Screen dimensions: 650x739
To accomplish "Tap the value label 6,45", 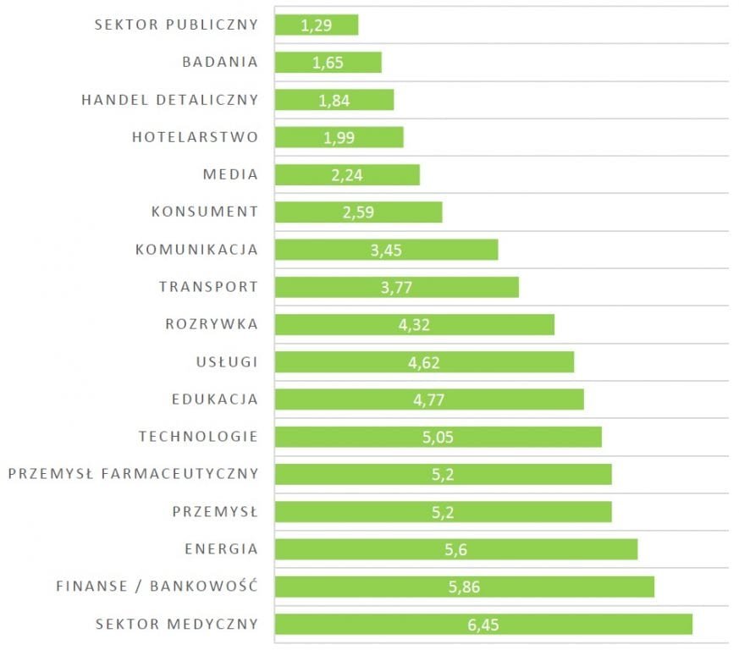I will pyautogui.click(x=483, y=625).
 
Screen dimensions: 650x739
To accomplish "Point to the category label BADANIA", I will pyautogui.click(x=220, y=63).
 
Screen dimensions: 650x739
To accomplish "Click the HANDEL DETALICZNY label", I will pyautogui.click(x=169, y=100).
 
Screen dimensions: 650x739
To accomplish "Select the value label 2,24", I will pyautogui.click(x=347, y=175).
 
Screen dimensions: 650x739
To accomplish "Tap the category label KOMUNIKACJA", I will pyautogui.click(x=196, y=250).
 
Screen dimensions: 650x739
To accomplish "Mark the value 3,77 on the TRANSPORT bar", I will pyautogui.click(x=396, y=288).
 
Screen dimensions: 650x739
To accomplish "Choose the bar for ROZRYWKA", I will pyautogui.click(x=491, y=325).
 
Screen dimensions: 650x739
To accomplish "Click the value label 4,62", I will pyautogui.click(x=424, y=363).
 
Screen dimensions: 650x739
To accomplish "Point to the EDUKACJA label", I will pyautogui.click(x=214, y=399).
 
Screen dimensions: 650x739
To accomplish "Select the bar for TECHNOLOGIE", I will pyautogui.click(x=525, y=437).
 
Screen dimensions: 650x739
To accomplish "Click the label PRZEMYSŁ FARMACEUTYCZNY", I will pyautogui.click(x=133, y=474).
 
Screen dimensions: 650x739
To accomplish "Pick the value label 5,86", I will pyautogui.click(x=464, y=587).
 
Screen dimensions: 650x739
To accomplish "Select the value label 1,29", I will pyautogui.click(x=316, y=25).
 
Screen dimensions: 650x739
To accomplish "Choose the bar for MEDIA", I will pyautogui.click(x=389, y=175).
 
